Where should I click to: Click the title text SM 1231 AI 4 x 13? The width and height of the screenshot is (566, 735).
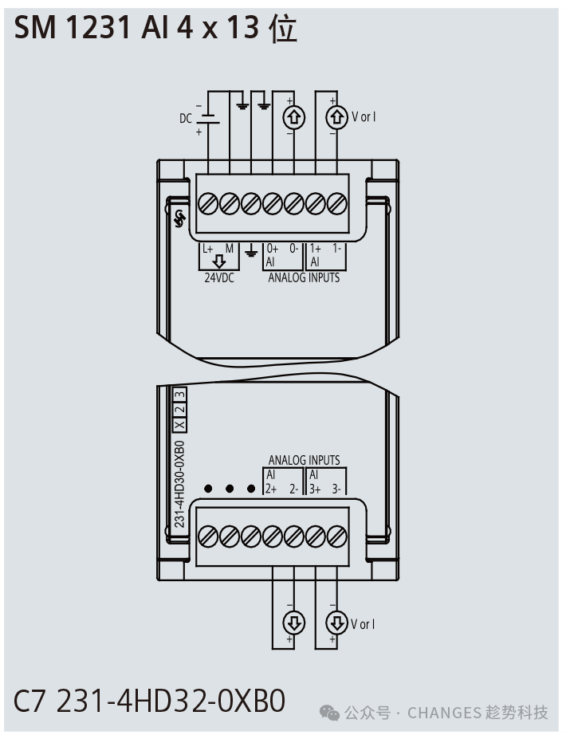pyautogui.click(x=136, y=28)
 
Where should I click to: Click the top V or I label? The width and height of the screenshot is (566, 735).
pyautogui.click(x=364, y=116)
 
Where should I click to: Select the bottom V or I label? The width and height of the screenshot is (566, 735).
pyautogui.click(x=363, y=624)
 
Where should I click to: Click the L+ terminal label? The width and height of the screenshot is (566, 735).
pyautogui.click(x=208, y=249)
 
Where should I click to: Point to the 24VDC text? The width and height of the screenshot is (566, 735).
pyautogui.click(x=219, y=278)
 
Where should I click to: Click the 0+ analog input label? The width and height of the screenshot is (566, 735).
pyautogui.click(x=273, y=249)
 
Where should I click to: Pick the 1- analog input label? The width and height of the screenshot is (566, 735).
pyautogui.click(x=337, y=249)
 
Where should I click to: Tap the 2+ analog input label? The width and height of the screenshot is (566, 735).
pyautogui.click(x=271, y=489)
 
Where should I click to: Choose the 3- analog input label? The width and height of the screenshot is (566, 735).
pyautogui.click(x=336, y=489)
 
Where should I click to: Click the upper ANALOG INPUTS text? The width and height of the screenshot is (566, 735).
pyautogui.click(x=304, y=278)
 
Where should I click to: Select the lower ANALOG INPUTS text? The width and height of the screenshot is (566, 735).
pyautogui.click(x=304, y=460)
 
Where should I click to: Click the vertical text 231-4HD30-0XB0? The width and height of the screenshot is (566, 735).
pyautogui.click(x=179, y=484)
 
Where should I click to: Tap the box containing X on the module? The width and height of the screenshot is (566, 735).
pyautogui.click(x=179, y=425)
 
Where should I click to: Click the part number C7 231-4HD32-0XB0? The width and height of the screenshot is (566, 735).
pyautogui.click(x=149, y=702)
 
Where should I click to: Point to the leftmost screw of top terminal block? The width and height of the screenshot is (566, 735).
pyautogui.click(x=208, y=204)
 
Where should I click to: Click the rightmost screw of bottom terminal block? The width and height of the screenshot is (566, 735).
pyautogui.click(x=336, y=537)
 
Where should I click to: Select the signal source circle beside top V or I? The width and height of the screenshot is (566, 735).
pyautogui.click(x=336, y=117)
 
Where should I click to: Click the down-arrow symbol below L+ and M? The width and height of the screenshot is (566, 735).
pyautogui.click(x=219, y=261)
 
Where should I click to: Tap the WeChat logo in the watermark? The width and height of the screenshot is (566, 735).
pyautogui.click(x=329, y=713)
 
